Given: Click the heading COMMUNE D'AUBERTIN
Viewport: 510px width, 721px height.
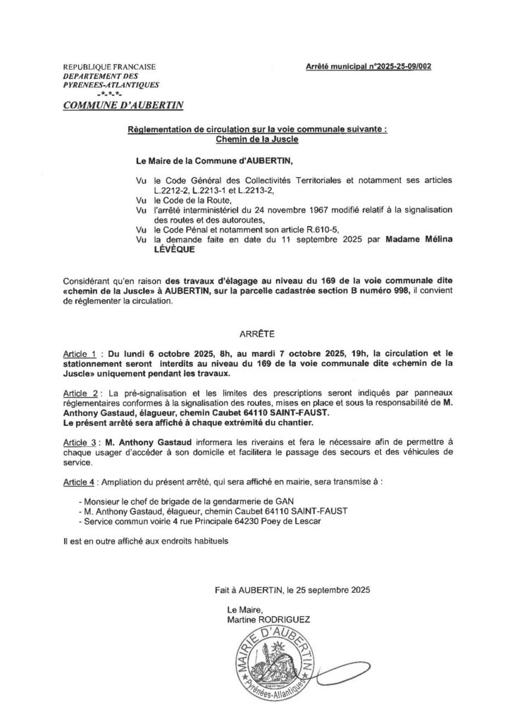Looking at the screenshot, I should click(123, 105).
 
